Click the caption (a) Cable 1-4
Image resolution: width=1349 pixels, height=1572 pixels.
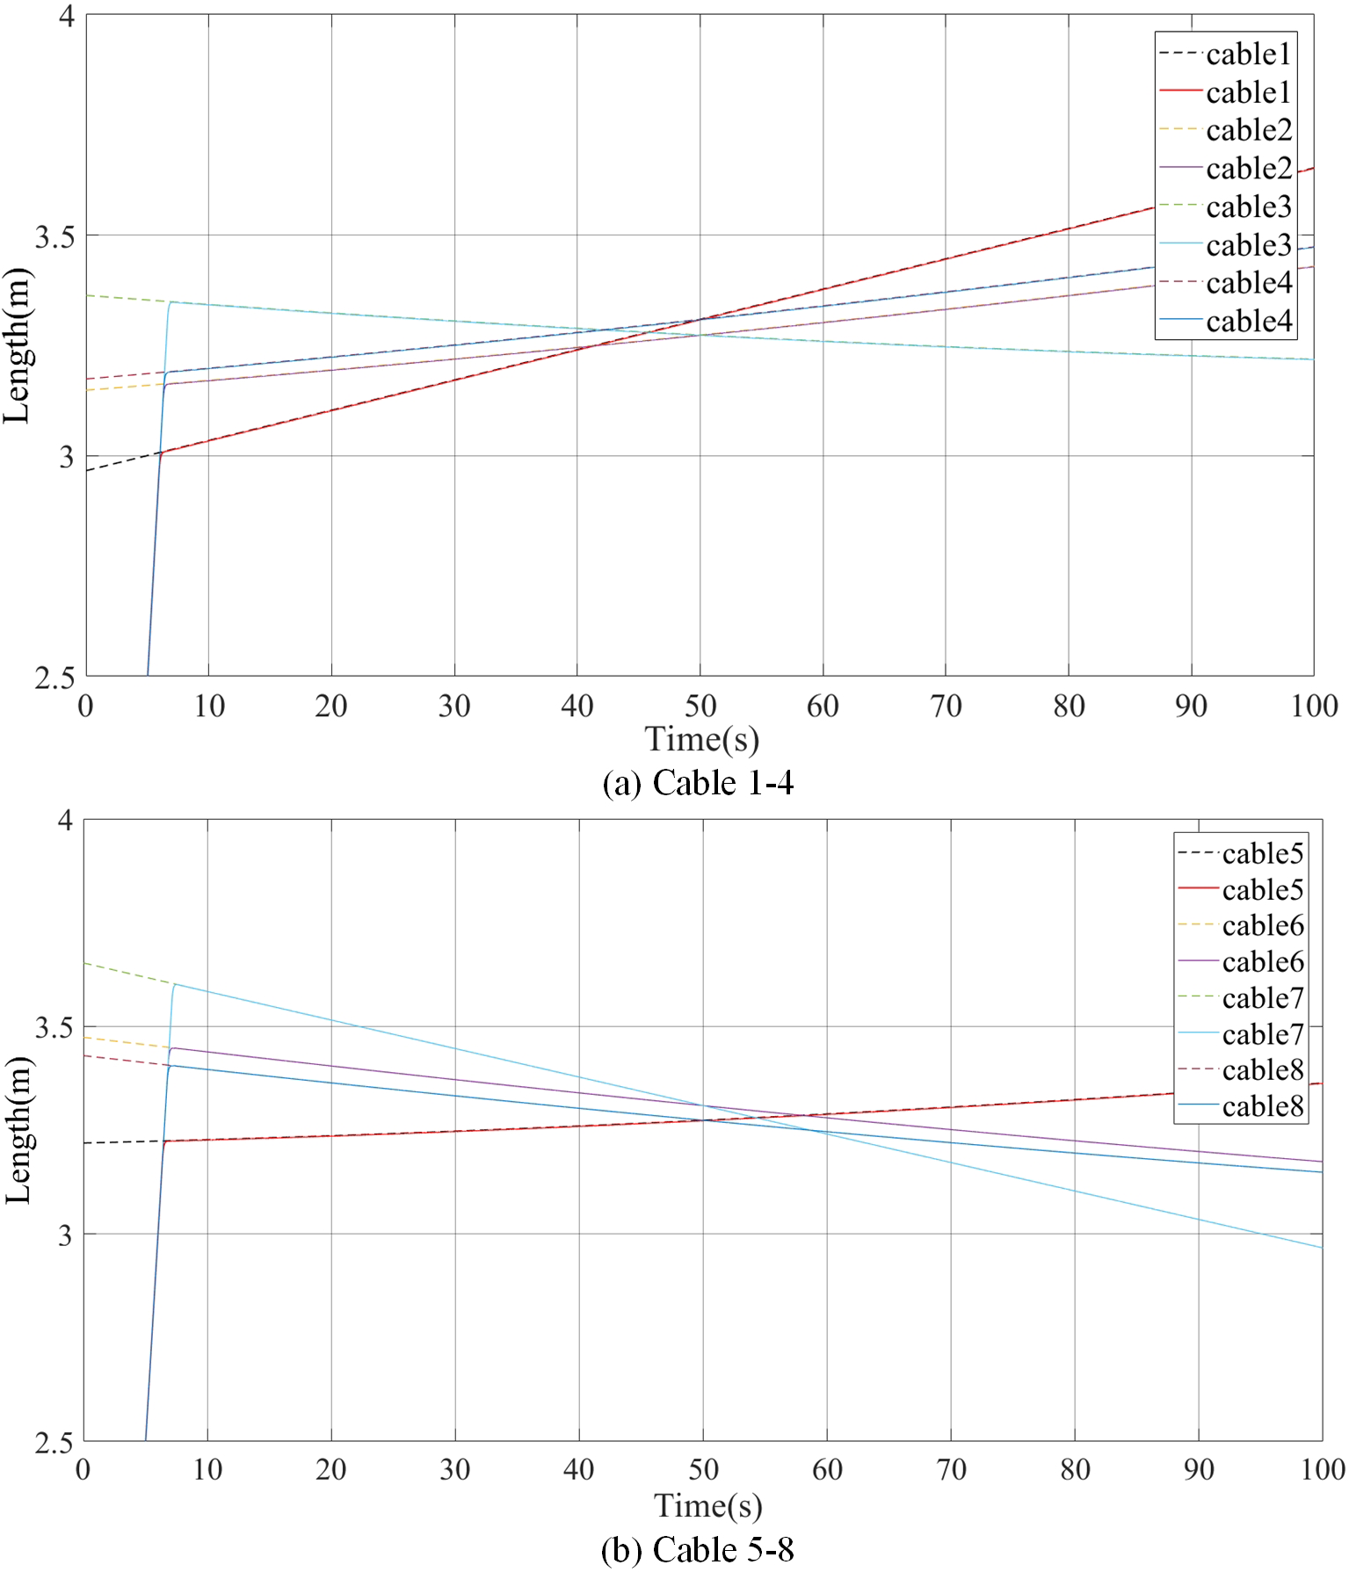tap(698, 783)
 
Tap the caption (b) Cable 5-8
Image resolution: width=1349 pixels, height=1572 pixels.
tap(697, 1549)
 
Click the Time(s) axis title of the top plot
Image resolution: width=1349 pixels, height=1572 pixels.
tap(701, 739)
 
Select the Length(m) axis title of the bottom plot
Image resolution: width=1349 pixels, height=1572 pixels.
tap(18, 1130)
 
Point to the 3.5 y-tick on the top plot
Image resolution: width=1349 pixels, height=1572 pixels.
tap(54, 236)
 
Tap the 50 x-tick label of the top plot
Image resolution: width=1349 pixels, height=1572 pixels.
tap(700, 706)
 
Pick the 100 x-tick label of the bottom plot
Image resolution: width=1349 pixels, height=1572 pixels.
tap(1322, 1469)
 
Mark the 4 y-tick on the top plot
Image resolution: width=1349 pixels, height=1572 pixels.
tap(66, 17)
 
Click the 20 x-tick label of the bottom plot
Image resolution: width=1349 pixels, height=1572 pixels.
tap(331, 1469)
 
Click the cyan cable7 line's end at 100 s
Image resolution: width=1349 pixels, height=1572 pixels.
tap(1321, 1247)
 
